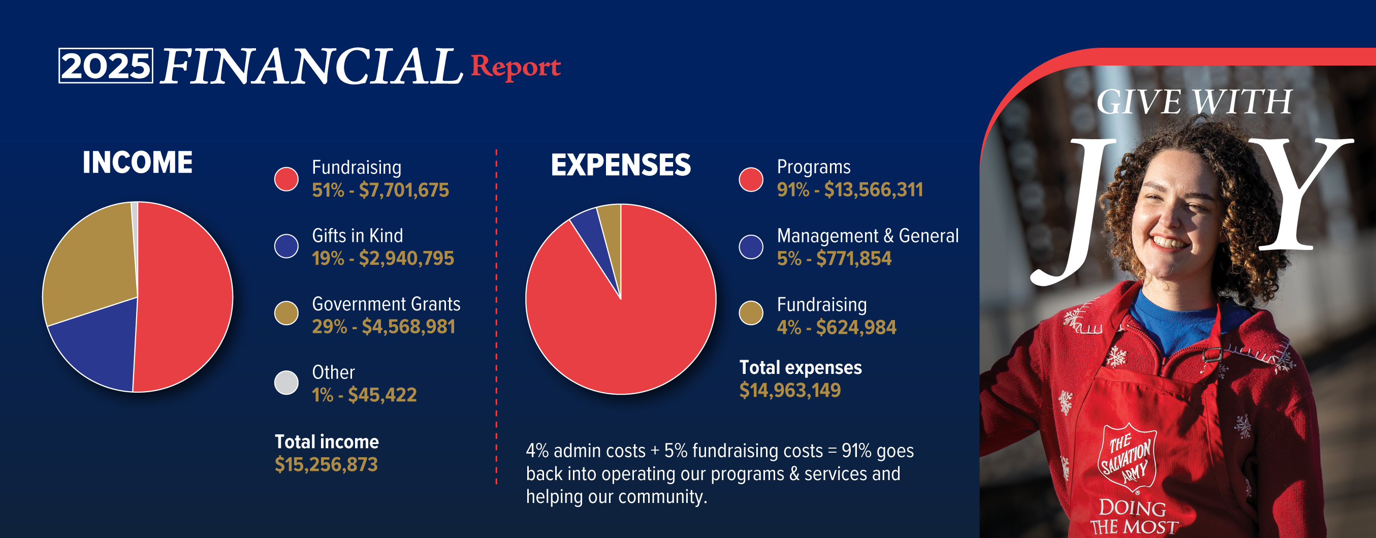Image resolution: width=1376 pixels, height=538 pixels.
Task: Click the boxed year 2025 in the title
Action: point(106,66)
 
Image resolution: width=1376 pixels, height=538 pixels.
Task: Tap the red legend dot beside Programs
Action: point(751,179)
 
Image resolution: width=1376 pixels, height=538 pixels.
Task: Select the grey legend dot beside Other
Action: point(286,383)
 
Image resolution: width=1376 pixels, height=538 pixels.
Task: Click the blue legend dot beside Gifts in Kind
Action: point(286,246)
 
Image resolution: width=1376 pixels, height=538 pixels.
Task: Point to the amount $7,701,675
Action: point(404,190)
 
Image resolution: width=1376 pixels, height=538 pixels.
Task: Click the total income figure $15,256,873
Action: point(327,464)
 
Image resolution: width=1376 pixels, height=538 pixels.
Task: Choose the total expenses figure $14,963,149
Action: point(790,390)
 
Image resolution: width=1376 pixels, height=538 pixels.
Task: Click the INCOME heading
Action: point(138,163)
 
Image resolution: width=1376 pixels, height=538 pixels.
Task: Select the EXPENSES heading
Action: point(621,165)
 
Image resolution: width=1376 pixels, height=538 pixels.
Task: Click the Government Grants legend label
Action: point(386,304)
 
